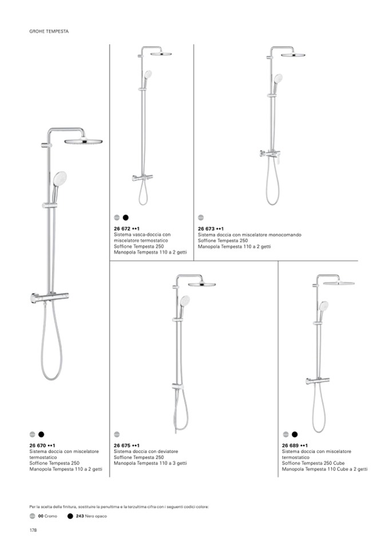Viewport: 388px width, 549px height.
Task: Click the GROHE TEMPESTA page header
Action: tap(49, 31)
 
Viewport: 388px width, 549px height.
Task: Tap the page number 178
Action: tap(33, 530)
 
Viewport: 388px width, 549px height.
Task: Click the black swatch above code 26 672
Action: tap(126, 218)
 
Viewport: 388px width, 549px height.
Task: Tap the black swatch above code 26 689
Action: tap(295, 434)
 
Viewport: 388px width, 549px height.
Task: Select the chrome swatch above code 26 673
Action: tap(201, 218)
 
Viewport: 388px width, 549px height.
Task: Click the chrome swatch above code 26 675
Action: tap(117, 434)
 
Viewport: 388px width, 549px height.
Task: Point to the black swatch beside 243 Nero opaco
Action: tap(70, 516)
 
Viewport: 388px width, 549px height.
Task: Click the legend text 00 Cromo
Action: tap(47, 516)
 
